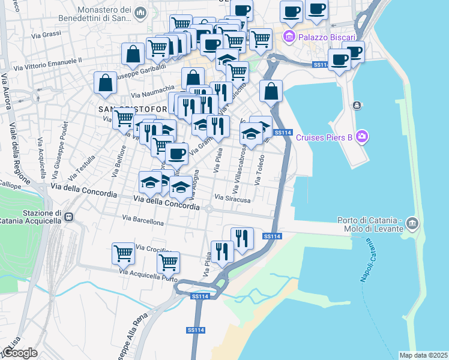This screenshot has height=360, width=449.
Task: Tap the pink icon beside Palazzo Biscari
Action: coord(289,37)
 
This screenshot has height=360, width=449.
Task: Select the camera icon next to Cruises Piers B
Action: coord(361,137)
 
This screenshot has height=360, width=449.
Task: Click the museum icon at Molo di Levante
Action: coord(412,224)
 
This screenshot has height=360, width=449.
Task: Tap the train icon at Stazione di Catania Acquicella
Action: coord(68,217)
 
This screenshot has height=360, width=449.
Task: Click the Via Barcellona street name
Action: coord(143,220)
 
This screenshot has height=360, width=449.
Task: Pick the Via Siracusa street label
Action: coord(232,197)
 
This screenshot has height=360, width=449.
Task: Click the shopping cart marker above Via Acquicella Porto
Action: coord(168,262)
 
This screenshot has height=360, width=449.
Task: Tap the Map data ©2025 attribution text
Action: coord(423,355)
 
